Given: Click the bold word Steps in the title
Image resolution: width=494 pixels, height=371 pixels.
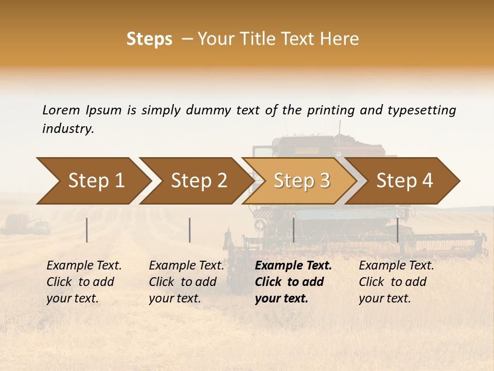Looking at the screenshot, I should click(x=149, y=39).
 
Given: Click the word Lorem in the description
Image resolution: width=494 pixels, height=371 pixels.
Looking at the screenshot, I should click(x=61, y=110).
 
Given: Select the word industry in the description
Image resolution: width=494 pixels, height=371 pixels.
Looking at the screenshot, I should click(x=67, y=128).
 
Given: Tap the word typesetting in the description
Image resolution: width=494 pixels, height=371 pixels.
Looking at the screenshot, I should click(x=421, y=110).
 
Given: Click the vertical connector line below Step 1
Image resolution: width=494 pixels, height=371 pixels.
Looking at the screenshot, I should click(x=87, y=230).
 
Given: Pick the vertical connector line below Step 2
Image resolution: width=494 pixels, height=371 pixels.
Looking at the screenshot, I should click(x=190, y=230).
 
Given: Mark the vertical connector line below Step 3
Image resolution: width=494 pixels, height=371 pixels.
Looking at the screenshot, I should click(x=293, y=230).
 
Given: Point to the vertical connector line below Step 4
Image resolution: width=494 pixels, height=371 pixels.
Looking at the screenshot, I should click(x=397, y=230).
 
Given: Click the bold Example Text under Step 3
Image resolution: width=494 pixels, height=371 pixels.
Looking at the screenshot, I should click(x=293, y=266).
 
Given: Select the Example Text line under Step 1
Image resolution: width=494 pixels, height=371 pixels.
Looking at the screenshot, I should click(x=84, y=266).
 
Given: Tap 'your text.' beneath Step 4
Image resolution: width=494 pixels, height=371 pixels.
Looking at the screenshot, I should click(x=384, y=298).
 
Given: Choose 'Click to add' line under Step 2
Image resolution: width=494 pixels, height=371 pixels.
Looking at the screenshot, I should click(x=183, y=282).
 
